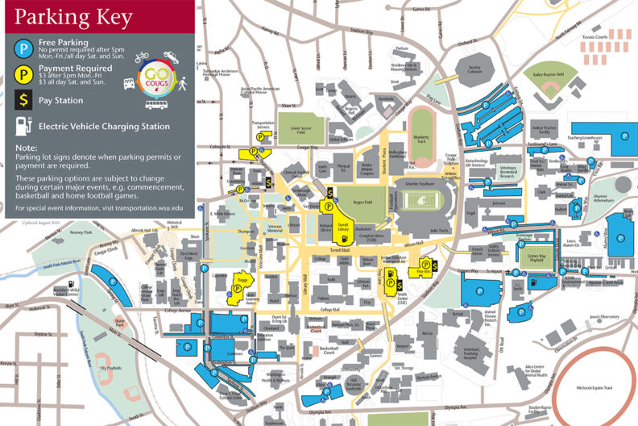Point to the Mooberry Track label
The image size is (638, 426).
click(x=420, y=137)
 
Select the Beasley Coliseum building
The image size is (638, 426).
click(x=474, y=69)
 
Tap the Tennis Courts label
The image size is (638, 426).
click(x=595, y=36)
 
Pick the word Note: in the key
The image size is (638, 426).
click(x=26, y=148)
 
